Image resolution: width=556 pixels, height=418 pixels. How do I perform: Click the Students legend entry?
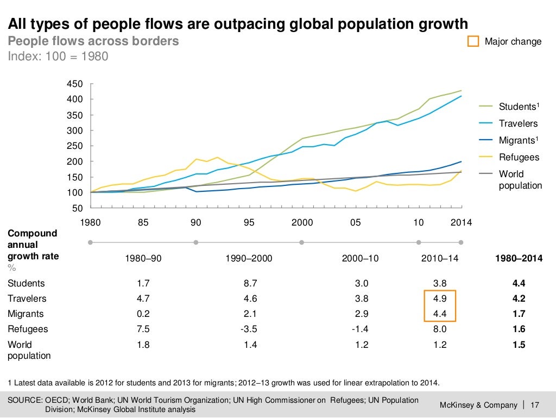coord(518,107)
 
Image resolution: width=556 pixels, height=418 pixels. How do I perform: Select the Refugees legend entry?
coord(519,157)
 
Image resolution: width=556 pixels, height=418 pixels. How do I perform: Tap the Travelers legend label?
coord(518,123)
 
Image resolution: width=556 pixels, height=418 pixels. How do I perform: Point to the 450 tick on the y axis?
coord(74,84)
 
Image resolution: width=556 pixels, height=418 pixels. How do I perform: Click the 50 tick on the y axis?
coord(78,208)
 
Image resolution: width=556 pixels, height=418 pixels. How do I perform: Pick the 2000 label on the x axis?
coord(302,222)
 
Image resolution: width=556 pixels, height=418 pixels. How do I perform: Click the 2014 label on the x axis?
coord(461,222)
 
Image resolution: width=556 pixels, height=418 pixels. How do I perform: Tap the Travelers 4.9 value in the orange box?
coord(439,298)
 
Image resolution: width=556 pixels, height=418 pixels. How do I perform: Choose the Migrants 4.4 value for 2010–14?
coord(439,314)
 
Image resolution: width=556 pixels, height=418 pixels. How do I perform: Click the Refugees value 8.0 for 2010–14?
coord(439,329)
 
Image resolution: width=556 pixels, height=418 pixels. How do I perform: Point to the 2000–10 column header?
coord(361,259)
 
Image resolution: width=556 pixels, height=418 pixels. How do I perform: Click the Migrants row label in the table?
coord(26,314)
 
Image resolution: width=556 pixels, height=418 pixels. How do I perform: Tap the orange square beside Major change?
coord(473,42)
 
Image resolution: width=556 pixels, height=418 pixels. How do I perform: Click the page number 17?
coord(534,405)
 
